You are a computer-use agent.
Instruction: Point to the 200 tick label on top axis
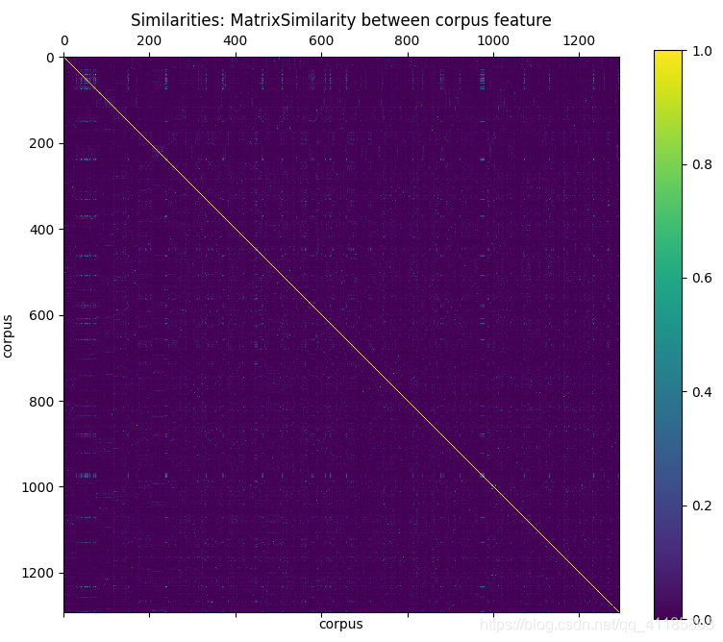coord(149,40)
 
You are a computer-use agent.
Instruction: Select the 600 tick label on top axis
coord(321,40)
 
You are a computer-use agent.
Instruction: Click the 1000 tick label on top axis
coord(493,40)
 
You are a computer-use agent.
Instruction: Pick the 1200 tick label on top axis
coord(579,40)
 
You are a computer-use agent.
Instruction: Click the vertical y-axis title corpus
coord(9,335)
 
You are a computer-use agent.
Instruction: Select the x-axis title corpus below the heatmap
coord(341,625)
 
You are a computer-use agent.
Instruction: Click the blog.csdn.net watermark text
coord(596,626)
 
